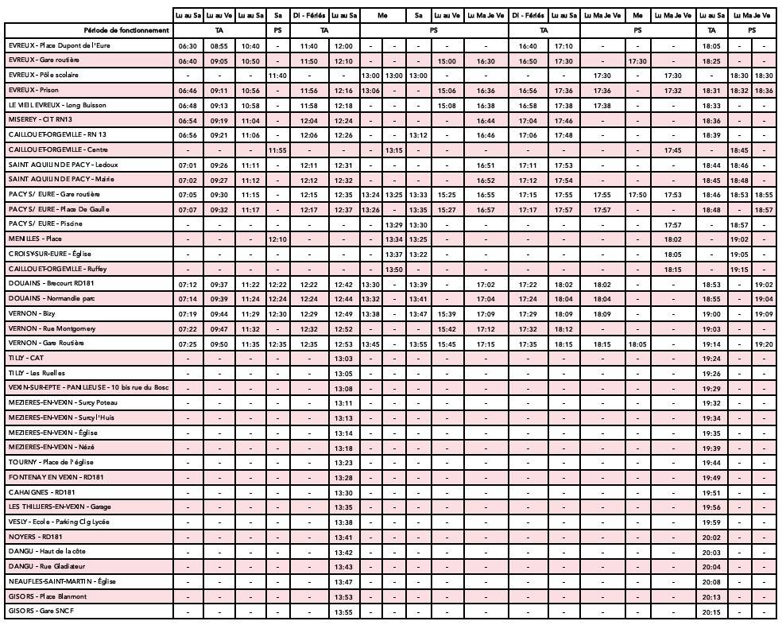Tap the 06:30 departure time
click(188, 45)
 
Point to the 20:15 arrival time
click(712, 611)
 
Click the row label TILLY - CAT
click(27, 358)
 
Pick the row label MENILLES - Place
click(35, 239)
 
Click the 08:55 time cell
click(219, 45)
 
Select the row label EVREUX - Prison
click(33, 90)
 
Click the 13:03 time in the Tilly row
click(343, 359)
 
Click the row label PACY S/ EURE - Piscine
click(45, 223)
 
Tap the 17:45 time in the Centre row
click(673, 149)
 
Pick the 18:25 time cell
click(712, 60)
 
